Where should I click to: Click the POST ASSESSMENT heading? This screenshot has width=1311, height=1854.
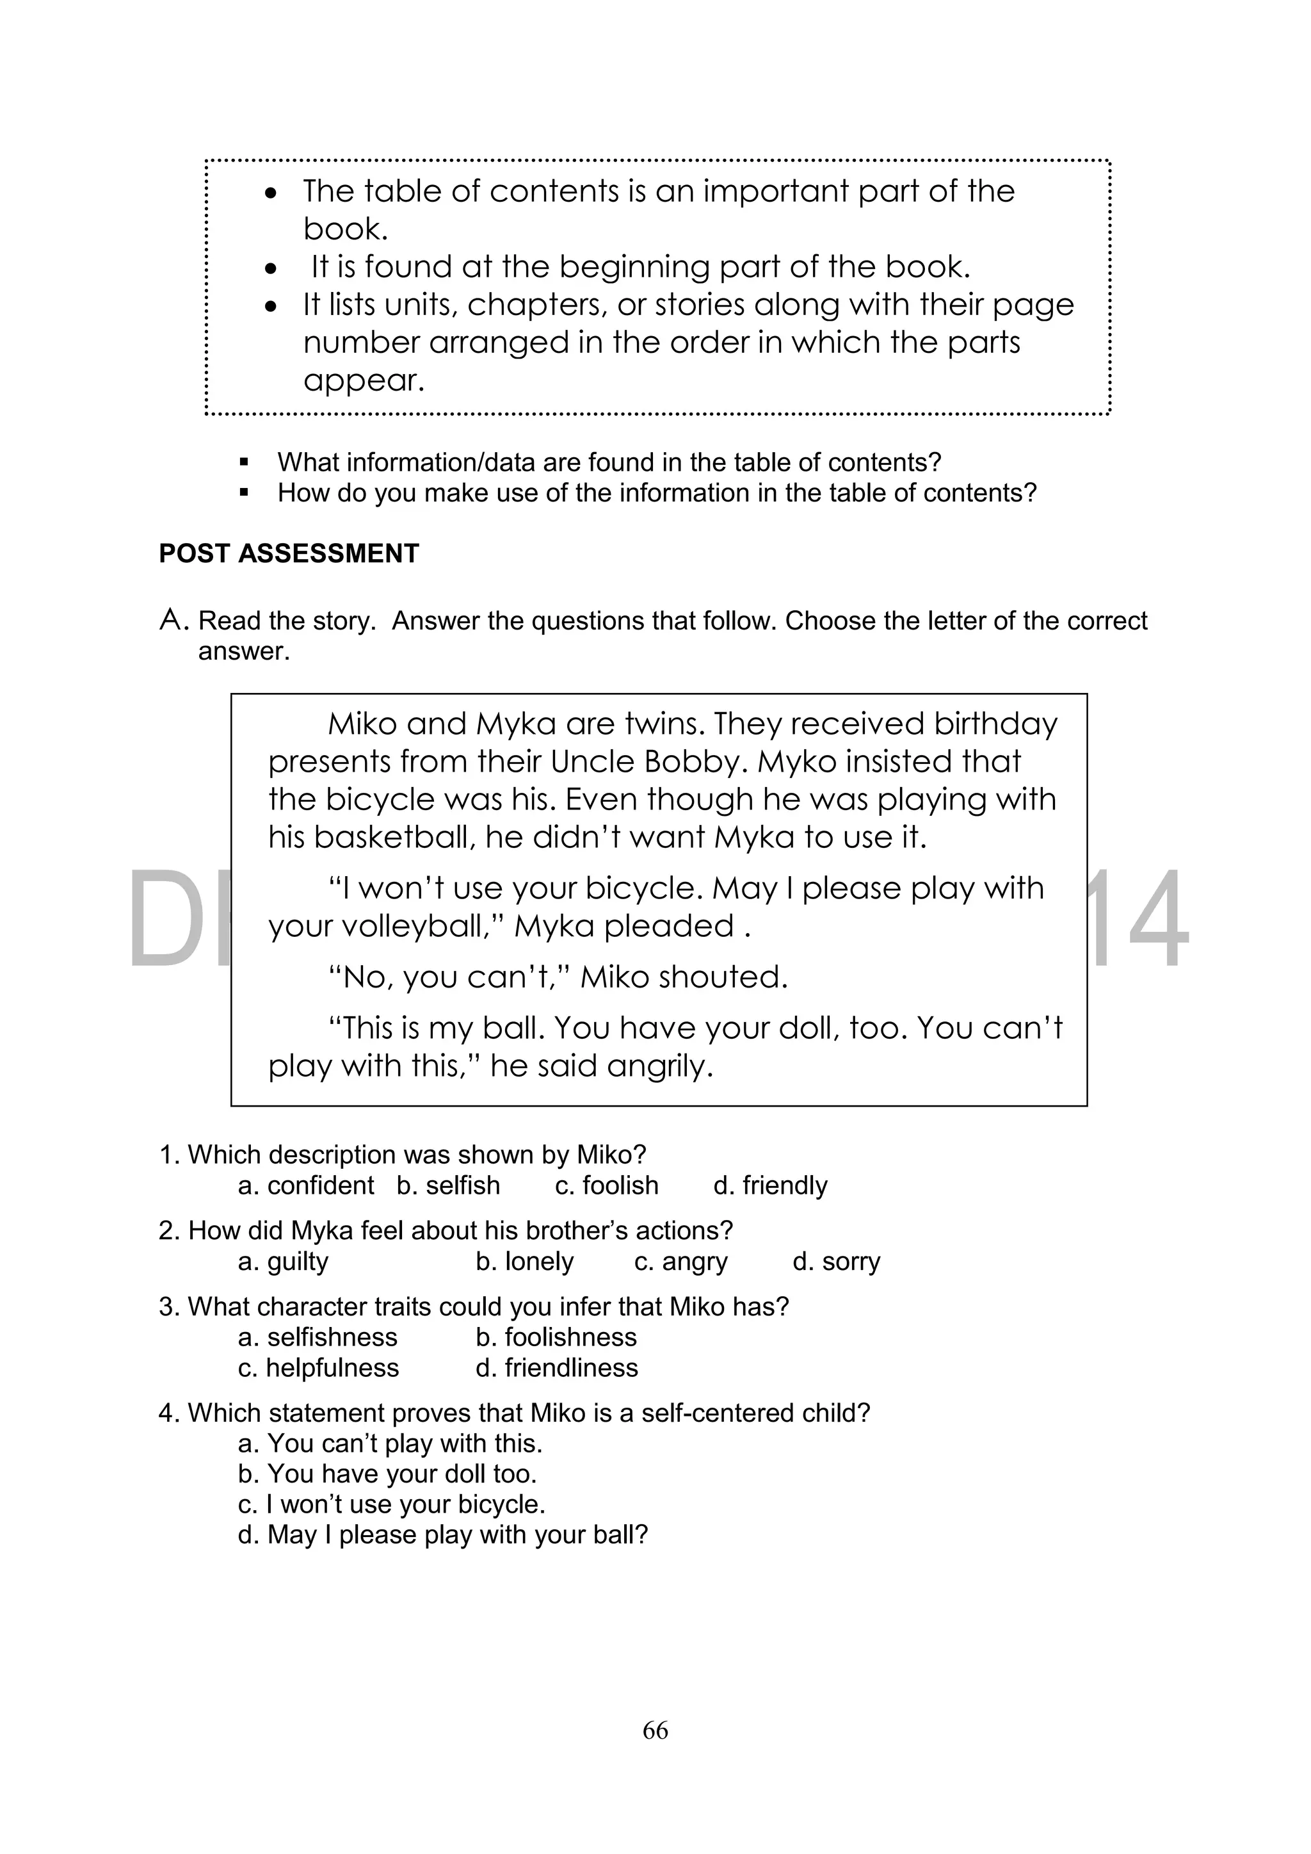tap(289, 554)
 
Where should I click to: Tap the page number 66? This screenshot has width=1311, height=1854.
tap(655, 1730)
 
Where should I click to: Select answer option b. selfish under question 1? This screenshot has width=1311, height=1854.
tap(448, 1185)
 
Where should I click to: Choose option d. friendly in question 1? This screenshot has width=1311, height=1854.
tap(770, 1185)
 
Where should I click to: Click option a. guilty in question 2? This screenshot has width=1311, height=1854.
tap(284, 1262)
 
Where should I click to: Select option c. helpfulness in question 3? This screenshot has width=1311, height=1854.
tap(318, 1368)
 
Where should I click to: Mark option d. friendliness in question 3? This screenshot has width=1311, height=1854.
tap(557, 1368)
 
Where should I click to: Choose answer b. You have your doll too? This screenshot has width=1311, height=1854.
tap(387, 1474)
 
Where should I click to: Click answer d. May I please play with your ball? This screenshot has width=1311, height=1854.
tap(443, 1535)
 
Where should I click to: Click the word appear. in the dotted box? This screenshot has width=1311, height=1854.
tap(363, 380)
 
